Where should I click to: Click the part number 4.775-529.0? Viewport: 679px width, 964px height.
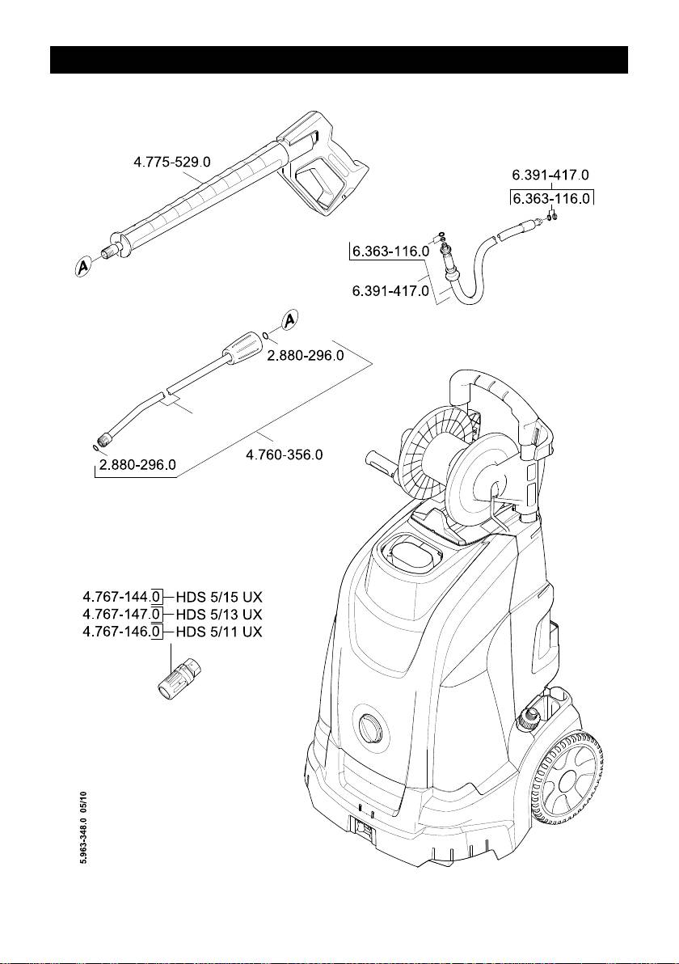point(171,163)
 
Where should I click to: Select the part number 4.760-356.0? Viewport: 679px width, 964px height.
point(284,455)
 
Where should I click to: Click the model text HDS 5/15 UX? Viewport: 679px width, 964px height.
point(219,598)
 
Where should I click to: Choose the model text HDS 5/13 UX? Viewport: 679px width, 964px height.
point(219,614)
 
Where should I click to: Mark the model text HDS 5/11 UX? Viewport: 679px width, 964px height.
point(219,630)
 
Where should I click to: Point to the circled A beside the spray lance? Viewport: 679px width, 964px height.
point(291,320)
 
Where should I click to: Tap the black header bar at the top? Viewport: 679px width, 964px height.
point(339,60)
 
